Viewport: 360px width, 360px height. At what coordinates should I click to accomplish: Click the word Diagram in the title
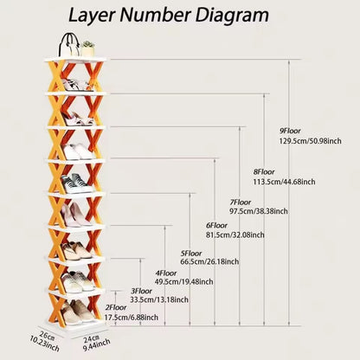(x=232, y=16)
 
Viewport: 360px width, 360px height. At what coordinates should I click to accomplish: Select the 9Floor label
(x=290, y=131)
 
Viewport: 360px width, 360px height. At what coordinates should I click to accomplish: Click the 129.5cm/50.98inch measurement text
(x=310, y=141)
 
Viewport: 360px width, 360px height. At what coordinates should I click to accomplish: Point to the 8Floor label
(x=264, y=172)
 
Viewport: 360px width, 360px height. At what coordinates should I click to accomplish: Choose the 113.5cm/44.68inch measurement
(x=284, y=182)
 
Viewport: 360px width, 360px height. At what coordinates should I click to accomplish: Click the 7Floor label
(x=241, y=202)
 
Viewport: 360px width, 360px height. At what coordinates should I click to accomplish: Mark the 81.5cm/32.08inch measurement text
(x=235, y=235)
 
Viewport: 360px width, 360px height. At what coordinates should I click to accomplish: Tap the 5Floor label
(x=191, y=254)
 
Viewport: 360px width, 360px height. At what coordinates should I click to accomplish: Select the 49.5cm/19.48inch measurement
(x=184, y=281)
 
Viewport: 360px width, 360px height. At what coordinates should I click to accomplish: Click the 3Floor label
(x=141, y=291)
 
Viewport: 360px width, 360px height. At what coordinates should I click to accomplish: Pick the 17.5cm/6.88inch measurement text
(x=132, y=318)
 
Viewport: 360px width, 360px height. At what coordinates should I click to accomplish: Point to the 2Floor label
(x=116, y=307)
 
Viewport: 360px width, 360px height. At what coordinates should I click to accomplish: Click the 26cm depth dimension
(x=47, y=335)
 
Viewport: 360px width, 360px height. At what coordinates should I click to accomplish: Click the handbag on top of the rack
(x=69, y=45)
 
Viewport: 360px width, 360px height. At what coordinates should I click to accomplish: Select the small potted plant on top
(x=87, y=49)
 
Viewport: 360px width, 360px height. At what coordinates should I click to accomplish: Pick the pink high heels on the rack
(x=75, y=215)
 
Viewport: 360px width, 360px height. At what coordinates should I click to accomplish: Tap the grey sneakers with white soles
(x=76, y=183)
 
